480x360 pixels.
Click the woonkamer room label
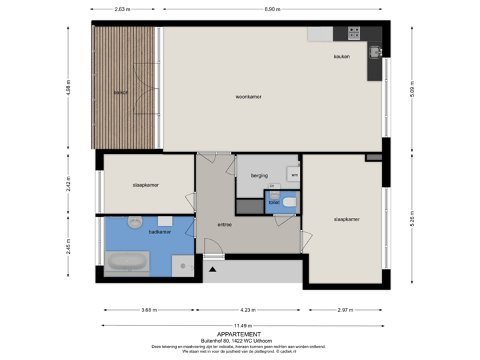248,97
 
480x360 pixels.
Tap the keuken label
342,57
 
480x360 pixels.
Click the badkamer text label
159,232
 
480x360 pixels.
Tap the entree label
224,225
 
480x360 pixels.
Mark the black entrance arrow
213,269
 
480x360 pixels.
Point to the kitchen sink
375,51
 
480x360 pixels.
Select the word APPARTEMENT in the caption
239,333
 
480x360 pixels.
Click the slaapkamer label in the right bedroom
347,219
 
